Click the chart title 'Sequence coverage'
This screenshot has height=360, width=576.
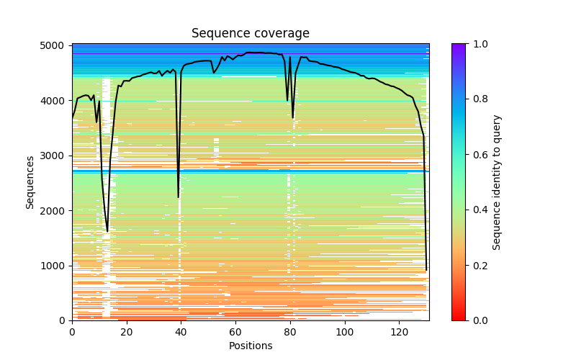pos(251,34)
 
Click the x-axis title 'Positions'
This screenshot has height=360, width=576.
pos(251,346)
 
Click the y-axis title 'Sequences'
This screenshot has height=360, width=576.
pos(30,182)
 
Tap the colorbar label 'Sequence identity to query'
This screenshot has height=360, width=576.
pos(497,182)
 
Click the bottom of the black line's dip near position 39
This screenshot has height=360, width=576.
pos(179,197)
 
